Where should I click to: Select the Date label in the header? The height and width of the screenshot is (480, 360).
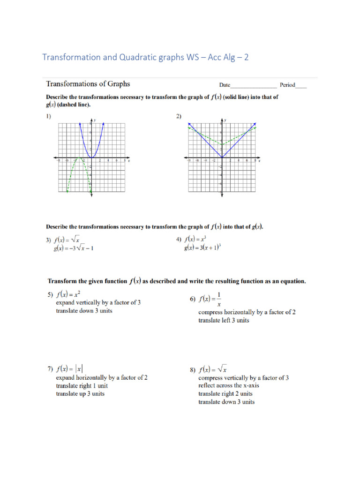[225, 85]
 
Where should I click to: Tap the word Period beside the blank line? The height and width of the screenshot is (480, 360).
[287, 85]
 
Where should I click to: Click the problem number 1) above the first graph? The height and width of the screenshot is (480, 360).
[48, 117]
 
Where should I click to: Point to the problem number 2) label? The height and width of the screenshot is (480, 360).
[179, 117]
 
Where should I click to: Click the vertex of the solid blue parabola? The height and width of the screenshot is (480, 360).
[91, 157]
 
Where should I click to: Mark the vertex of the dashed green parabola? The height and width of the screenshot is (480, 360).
[79, 158]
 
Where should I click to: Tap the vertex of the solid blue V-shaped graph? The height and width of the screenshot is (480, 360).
[222, 157]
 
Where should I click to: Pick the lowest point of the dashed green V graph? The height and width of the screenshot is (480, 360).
[222, 144]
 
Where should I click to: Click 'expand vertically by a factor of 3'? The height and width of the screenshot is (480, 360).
[98, 303]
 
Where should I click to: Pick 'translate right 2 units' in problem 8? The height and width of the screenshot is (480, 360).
[225, 394]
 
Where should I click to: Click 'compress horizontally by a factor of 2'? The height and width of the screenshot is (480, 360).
[247, 312]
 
